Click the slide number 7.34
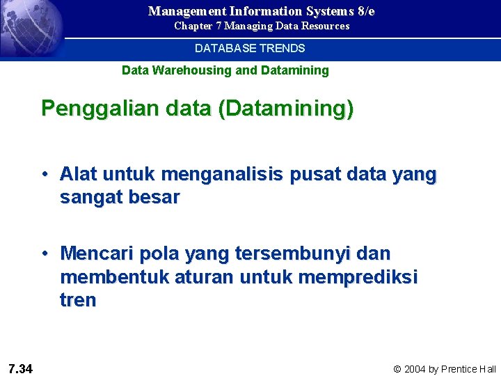pyautogui.click(x=21, y=368)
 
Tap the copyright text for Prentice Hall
pyautogui.click(x=445, y=369)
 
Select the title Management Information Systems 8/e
pyautogui.click(x=261, y=11)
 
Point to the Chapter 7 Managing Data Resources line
pyautogui.click(x=262, y=26)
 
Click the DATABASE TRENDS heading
pyautogui.click(x=250, y=49)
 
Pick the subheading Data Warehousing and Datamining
pyautogui.click(x=225, y=70)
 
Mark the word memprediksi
pyautogui.click(x=358, y=277)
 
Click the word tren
pyautogui.click(x=78, y=301)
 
